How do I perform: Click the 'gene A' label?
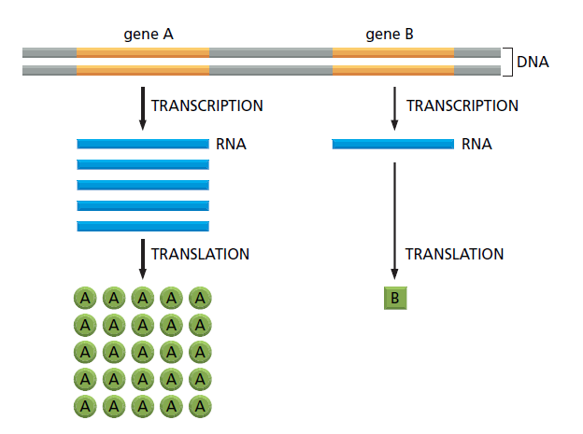(149, 35)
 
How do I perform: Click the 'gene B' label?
(390, 35)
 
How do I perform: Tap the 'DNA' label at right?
(533, 63)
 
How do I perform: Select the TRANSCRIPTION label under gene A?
(206, 106)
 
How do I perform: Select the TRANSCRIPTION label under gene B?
(462, 106)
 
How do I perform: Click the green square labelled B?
(394, 299)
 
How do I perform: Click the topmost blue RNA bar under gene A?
(143, 145)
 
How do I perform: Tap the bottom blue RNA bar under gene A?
(143, 226)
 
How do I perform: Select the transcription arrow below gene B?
(394, 107)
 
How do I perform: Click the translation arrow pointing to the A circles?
(142, 259)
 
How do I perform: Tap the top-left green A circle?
(85, 299)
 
